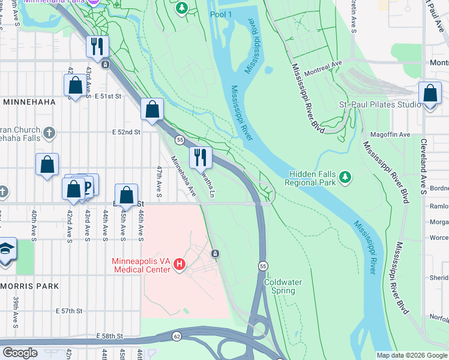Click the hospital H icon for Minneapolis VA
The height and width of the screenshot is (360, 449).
[x=179, y=264]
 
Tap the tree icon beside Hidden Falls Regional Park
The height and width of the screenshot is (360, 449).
[x=345, y=177]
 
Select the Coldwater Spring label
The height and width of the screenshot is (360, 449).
[x=283, y=286]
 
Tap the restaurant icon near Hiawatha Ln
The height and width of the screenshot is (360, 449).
[x=200, y=158]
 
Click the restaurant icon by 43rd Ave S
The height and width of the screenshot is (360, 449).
[x=96, y=46]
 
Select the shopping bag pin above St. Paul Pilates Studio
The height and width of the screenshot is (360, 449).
[x=429, y=94]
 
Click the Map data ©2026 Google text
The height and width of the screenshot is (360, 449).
[x=411, y=355]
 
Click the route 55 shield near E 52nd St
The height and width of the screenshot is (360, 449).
[x=179, y=139]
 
